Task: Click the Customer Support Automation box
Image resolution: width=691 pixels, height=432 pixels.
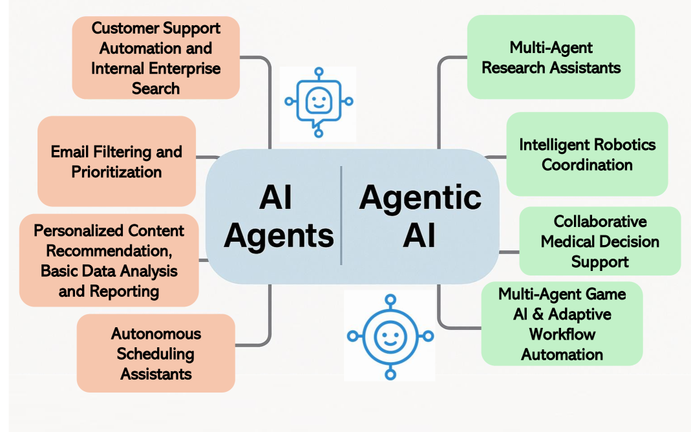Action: tap(156, 58)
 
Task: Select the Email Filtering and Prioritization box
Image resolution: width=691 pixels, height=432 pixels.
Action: tap(116, 162)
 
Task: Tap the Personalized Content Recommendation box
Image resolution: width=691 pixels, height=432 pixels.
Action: tap(109, 261)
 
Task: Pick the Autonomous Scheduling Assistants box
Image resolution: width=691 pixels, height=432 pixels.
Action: tap(156, 353)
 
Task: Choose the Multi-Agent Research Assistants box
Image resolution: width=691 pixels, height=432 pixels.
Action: tap(551, 57)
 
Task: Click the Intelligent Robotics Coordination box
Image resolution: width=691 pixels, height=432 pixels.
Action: tap(587, 154)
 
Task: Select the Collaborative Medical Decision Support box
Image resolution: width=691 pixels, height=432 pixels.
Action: tap(600, 241)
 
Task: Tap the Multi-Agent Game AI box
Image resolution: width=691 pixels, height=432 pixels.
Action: tap(562, 324)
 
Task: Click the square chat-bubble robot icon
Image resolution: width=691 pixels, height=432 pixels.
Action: tap(318, 103)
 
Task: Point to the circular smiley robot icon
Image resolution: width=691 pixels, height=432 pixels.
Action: tap(390, 336)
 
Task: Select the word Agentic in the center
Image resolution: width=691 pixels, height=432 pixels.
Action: tap(420, 197)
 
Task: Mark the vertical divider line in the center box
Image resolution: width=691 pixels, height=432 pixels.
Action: tap(341, 215)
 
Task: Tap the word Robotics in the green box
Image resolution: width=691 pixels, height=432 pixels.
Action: tap(609, 144)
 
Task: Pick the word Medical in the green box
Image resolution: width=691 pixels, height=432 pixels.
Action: tap(600, 241)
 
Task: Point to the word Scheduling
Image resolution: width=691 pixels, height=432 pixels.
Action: tap(155, 354)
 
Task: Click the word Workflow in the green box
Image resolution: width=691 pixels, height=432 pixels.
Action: tap(562, 334)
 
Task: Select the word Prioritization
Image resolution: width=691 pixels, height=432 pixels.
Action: tap(116, 172)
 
